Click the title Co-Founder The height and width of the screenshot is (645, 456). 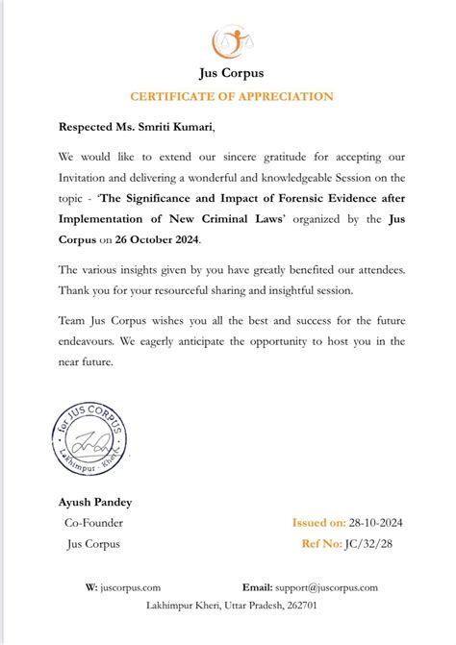coord(94,523)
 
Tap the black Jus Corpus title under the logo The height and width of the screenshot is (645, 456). coord(229,73)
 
